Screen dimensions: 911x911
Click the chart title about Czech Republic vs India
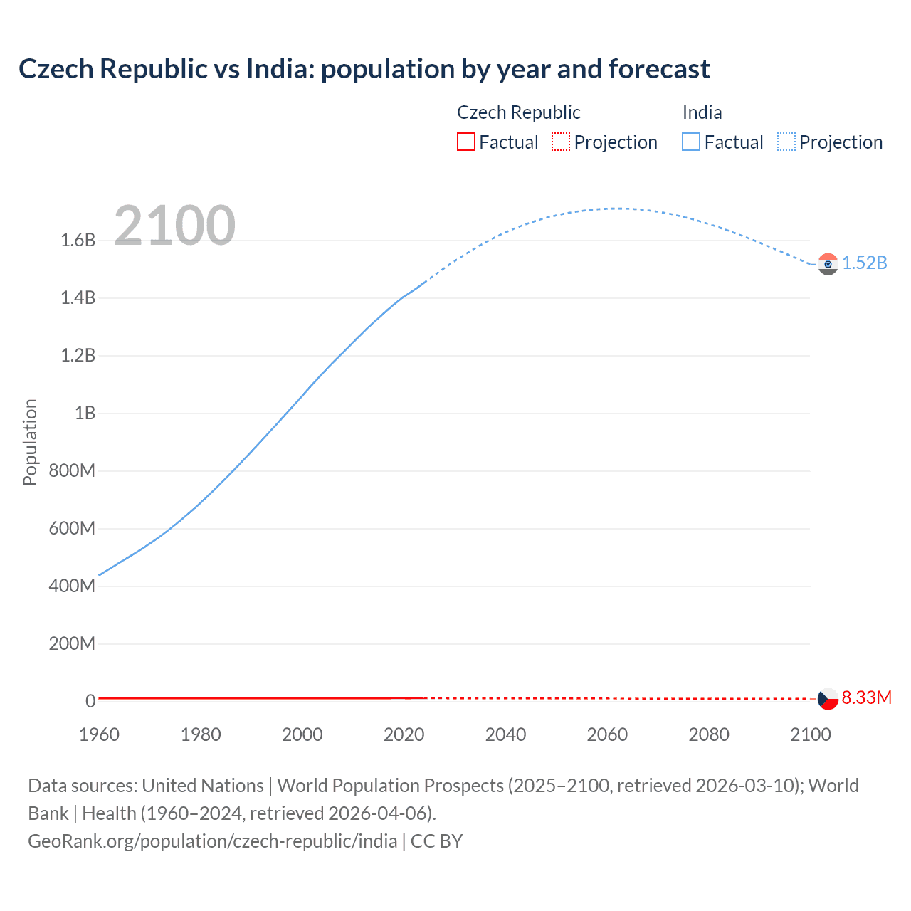pos(364,69)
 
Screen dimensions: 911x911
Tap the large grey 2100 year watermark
pos(174,225)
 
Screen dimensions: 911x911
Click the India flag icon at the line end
pos(828,264)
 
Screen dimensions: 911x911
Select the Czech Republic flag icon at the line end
pos(828,699)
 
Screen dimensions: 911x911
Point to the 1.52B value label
pos(865,263)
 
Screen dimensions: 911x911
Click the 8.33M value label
pos(866,697)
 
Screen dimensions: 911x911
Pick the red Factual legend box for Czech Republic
pos(466,142)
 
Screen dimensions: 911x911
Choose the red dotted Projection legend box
pos(561,142)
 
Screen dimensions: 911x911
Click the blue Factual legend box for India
pos(691,142)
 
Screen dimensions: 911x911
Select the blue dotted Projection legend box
pos(786,142)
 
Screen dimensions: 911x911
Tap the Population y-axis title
pos(30,442)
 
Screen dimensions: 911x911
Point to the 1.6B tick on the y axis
pos(78,240)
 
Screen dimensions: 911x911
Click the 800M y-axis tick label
pos(72,470)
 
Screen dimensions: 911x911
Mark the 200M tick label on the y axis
pos(72,643)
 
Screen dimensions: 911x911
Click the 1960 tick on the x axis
pos(100,734)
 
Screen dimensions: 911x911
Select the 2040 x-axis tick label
pos(505,734)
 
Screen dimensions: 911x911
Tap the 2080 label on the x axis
pos(709,734)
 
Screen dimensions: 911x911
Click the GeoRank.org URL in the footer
pos(212,841)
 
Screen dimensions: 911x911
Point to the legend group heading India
pos(702,112)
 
